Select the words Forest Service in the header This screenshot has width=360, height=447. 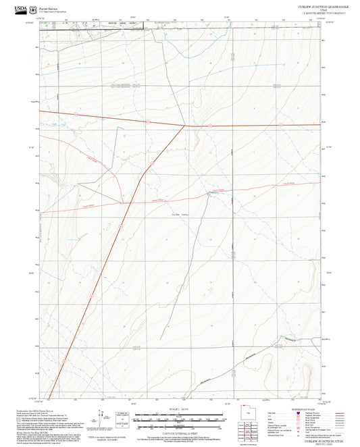(x=57, y=7)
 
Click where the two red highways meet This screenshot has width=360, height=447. (x=186, y=125)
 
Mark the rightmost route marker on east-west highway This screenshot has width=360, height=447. (x=280, y=125)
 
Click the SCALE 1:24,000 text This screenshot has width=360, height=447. (x=179, y=408)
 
